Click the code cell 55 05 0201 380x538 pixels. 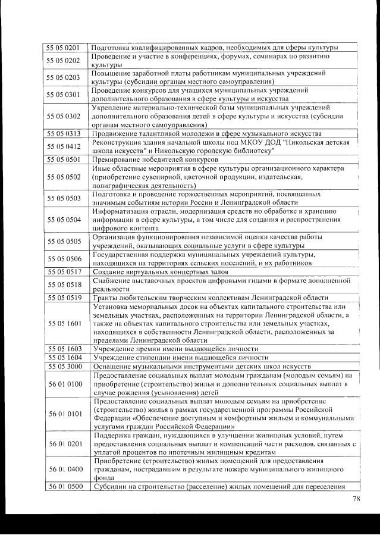click(64, 48)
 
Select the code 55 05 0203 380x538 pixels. click(64, 77)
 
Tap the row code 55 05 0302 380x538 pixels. click(64, 116)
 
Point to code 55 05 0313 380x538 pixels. click(64, 133)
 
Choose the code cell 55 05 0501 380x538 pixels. click(64, 159)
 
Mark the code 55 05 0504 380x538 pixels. click(64, 220)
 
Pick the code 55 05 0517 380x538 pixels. click(64, 271)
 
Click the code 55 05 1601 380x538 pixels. click(64, 323)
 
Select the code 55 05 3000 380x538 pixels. click(64, 366)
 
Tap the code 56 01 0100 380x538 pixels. click(64, 384)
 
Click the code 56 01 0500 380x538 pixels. click(64, 487)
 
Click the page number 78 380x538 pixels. click(356, 499)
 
